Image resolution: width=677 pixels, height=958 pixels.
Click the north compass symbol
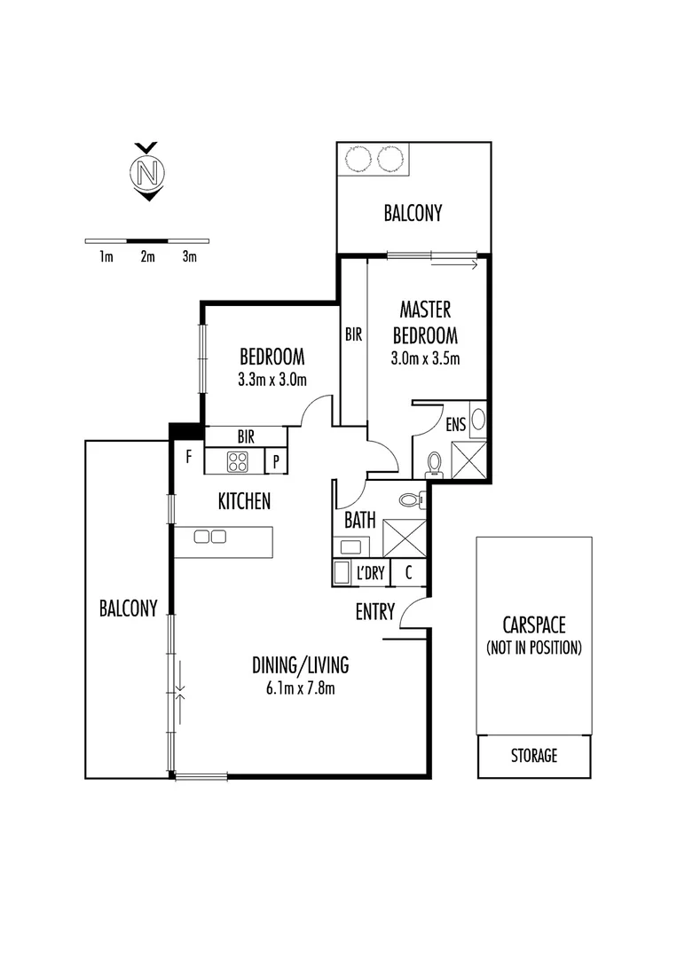146,171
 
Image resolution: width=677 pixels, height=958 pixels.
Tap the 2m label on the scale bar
147,257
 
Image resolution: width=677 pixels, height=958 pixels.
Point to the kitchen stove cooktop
239,461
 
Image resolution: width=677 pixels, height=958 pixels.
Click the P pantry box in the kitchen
276,461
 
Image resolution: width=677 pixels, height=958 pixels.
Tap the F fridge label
188,459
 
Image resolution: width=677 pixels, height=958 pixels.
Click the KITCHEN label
244,502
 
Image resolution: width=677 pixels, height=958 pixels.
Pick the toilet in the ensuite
435,464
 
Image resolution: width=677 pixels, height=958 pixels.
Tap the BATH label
359,521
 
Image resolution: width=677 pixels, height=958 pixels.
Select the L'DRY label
370,574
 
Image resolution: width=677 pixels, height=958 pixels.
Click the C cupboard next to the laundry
408,573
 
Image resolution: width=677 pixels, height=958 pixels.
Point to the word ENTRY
375,612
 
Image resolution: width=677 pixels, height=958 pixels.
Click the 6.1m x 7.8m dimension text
300,687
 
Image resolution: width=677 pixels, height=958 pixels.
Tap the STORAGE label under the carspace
533,756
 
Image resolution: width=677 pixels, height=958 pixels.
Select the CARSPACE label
533,624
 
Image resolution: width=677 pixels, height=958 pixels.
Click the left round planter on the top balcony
358,159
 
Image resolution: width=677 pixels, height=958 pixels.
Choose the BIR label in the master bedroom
354,335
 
